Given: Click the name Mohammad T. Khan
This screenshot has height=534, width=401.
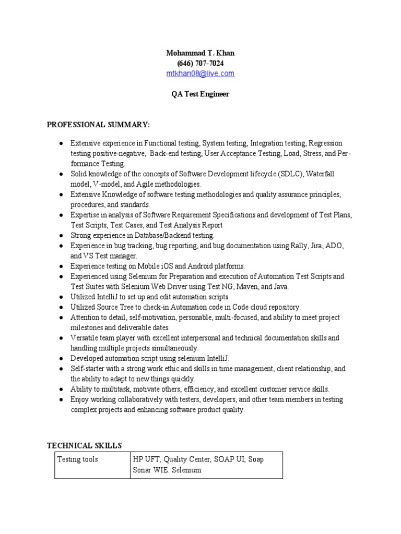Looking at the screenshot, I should [200, 53].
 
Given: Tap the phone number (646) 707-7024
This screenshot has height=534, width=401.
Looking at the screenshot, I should [200, 63].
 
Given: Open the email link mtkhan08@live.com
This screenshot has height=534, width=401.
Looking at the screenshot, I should [200, 74].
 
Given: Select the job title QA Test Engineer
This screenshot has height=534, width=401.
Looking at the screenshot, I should [200, 94].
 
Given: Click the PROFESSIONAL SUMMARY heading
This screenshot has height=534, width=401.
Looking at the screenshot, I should [98, 125].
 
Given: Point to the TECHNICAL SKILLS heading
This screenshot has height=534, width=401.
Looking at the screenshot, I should [84, 445].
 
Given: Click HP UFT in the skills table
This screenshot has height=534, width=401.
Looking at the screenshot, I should [146, 459].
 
